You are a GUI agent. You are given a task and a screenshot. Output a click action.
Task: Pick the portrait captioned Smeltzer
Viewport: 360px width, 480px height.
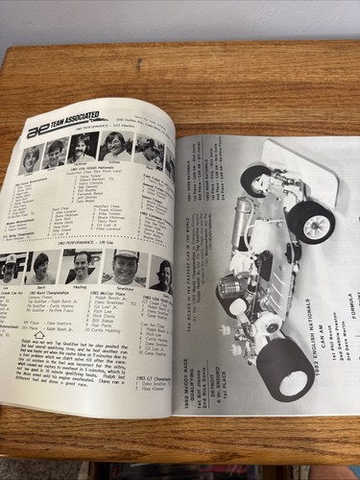click(x=125, y=267)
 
